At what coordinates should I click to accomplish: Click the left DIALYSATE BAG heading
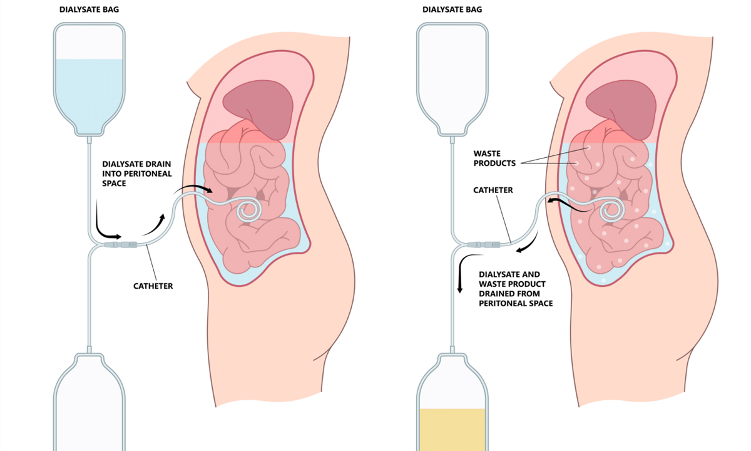pyautogui.click(x=88, y=9)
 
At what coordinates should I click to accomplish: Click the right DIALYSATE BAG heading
pyautogui.click(x=452, y=9)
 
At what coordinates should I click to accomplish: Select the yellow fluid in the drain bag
pyautogui.click(x=452, y=429)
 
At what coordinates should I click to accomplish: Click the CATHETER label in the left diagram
pyautogui.click(x=153, y=286)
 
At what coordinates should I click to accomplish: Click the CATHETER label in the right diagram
pyautogui.click(x=493, y=190)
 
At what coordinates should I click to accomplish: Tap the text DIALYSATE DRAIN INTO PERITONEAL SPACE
pyautogui.click(x=136, y=174)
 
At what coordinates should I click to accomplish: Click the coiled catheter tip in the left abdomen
pyautogui.click(x=247, y=212)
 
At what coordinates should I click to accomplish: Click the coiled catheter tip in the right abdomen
pyautogui.click(x=612, y=212)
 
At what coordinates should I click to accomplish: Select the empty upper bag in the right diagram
pyautogui.click(x=452, y=75)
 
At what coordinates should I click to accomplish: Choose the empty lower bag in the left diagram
pyautogui.click(x=89, y=407)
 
